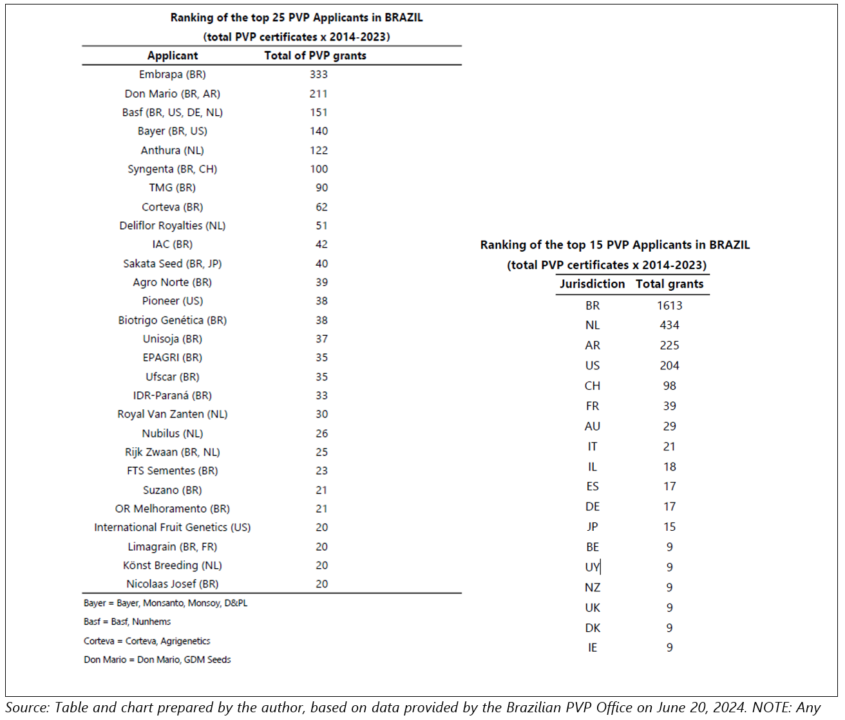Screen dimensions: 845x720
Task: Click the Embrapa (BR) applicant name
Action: point(172,75)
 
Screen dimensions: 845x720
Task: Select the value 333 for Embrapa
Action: point(318,75)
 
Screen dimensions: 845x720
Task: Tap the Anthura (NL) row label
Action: point(172,151)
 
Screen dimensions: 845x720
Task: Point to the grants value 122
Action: point(318,151)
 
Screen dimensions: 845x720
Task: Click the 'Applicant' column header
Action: point(173,56)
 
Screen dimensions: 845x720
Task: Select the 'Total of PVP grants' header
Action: point(315,55)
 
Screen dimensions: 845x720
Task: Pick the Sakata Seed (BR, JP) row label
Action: point(172,264)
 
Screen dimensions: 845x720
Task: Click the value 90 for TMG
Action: point(322,188)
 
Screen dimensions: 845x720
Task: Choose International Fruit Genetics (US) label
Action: point(172,528)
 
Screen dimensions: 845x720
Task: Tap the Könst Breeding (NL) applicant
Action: point(172,566)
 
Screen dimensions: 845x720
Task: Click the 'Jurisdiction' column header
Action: point(592,284)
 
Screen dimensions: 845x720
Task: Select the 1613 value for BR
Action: point(670,306)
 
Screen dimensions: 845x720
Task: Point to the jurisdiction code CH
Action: point(593,386)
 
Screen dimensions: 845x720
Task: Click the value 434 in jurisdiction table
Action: point(669,325)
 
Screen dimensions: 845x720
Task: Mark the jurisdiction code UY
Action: point(593,568)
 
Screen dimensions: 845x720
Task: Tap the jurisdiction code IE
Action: point(593,648)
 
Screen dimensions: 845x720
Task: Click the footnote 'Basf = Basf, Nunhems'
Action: point(127,622)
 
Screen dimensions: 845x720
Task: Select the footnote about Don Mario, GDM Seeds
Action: point(157,660)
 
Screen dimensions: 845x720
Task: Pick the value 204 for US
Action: point(669,365)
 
